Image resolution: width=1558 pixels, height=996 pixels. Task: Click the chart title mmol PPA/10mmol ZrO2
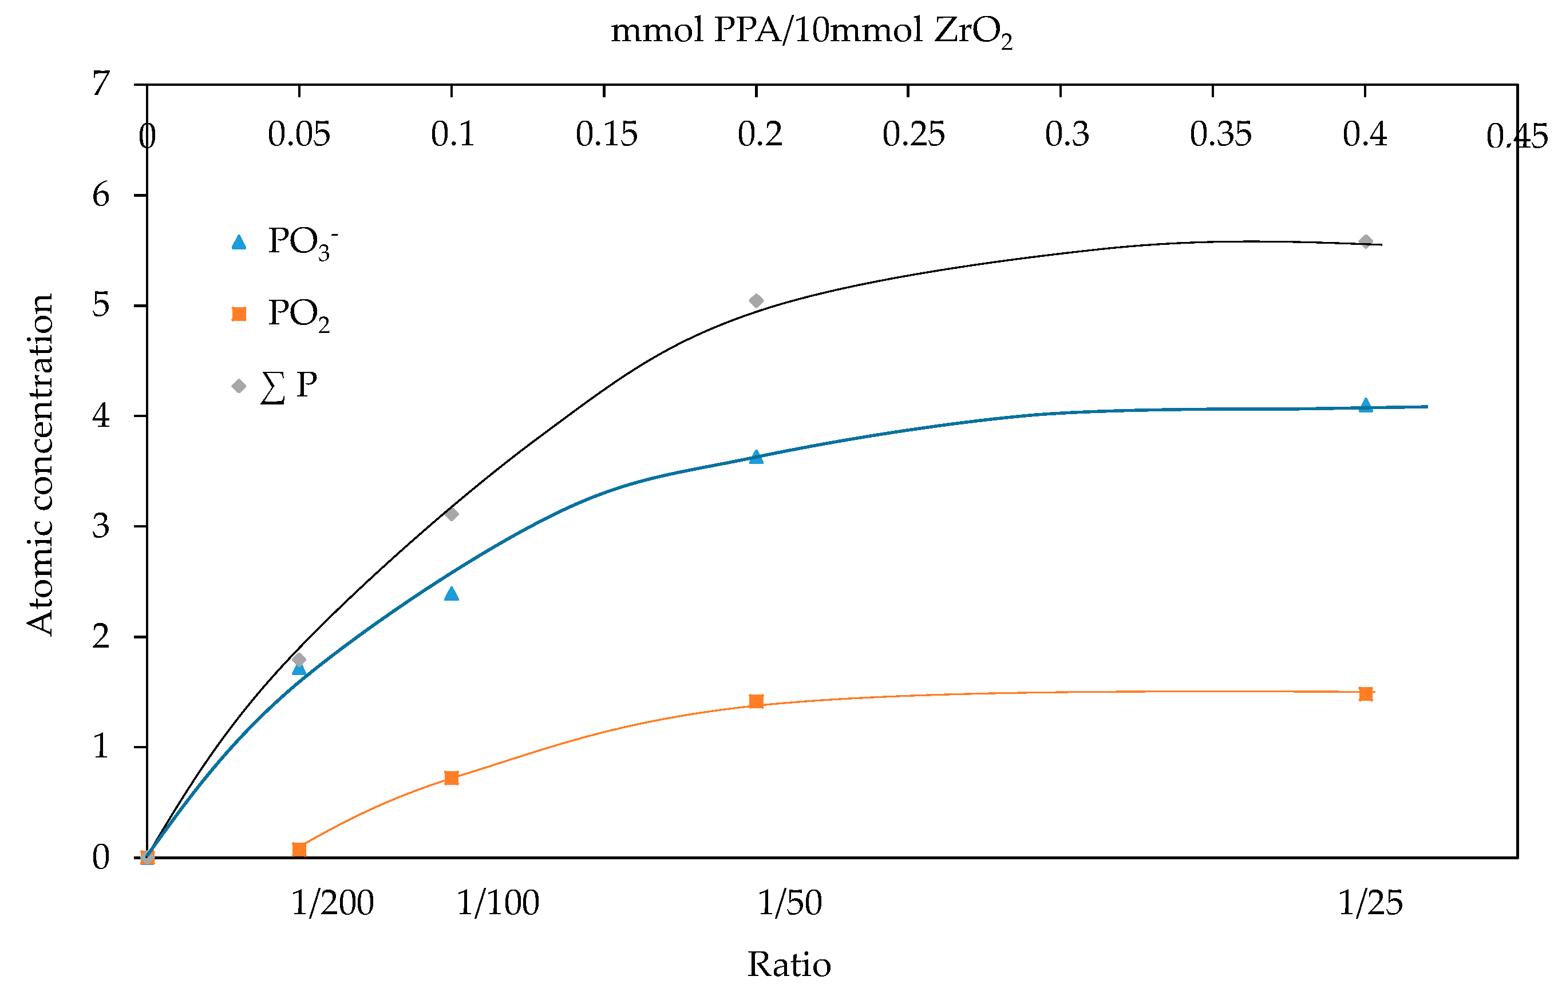pos(812,31)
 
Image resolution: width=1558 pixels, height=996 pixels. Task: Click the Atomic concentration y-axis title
pos(40,465)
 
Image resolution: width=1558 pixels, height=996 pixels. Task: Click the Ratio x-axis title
pos(789,965)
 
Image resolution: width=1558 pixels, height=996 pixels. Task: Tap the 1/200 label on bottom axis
pos(333,903)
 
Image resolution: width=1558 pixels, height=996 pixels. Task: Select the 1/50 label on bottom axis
pos(789,903)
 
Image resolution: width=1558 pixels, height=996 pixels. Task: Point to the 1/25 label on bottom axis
pos(1370,903)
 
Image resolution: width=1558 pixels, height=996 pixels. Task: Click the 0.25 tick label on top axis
pos(913,134)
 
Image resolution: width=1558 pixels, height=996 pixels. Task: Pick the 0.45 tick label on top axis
pos(1517,137)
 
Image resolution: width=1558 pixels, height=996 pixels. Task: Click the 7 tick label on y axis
pos(101,84)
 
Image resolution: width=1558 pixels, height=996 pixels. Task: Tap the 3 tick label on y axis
pos(101,526)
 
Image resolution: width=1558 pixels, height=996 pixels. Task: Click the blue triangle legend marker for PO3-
pos(239,243)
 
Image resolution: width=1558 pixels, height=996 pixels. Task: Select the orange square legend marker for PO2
pos(239,314)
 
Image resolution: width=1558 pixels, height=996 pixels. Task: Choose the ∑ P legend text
pos(288,386)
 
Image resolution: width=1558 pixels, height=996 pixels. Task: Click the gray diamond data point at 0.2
pos(756,301)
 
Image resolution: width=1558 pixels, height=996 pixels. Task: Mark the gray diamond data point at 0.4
pos(1366,242)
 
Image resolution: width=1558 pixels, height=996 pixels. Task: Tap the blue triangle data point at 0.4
pos(1366,406)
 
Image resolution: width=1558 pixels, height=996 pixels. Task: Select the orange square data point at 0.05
pos(299,849)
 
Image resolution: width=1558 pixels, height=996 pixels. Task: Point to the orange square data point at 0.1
pos(452,778)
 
